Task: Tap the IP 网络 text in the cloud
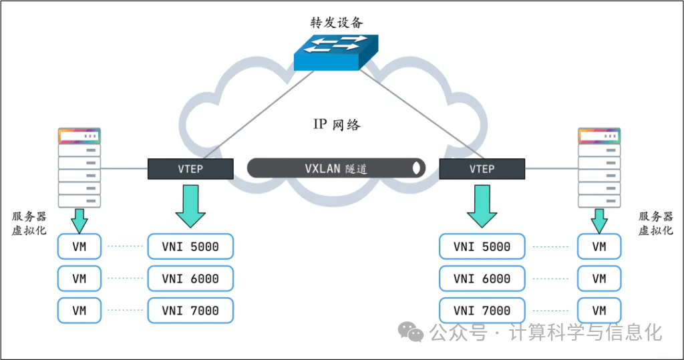337,124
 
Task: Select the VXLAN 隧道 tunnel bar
337,168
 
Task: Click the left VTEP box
190,169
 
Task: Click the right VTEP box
482,169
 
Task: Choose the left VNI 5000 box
190,246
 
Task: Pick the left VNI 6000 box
190,279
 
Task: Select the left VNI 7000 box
190,311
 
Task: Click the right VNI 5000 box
482,246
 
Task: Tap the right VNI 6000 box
482,279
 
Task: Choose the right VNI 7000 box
482,311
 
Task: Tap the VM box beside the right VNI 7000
599,311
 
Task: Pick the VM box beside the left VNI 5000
79,246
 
